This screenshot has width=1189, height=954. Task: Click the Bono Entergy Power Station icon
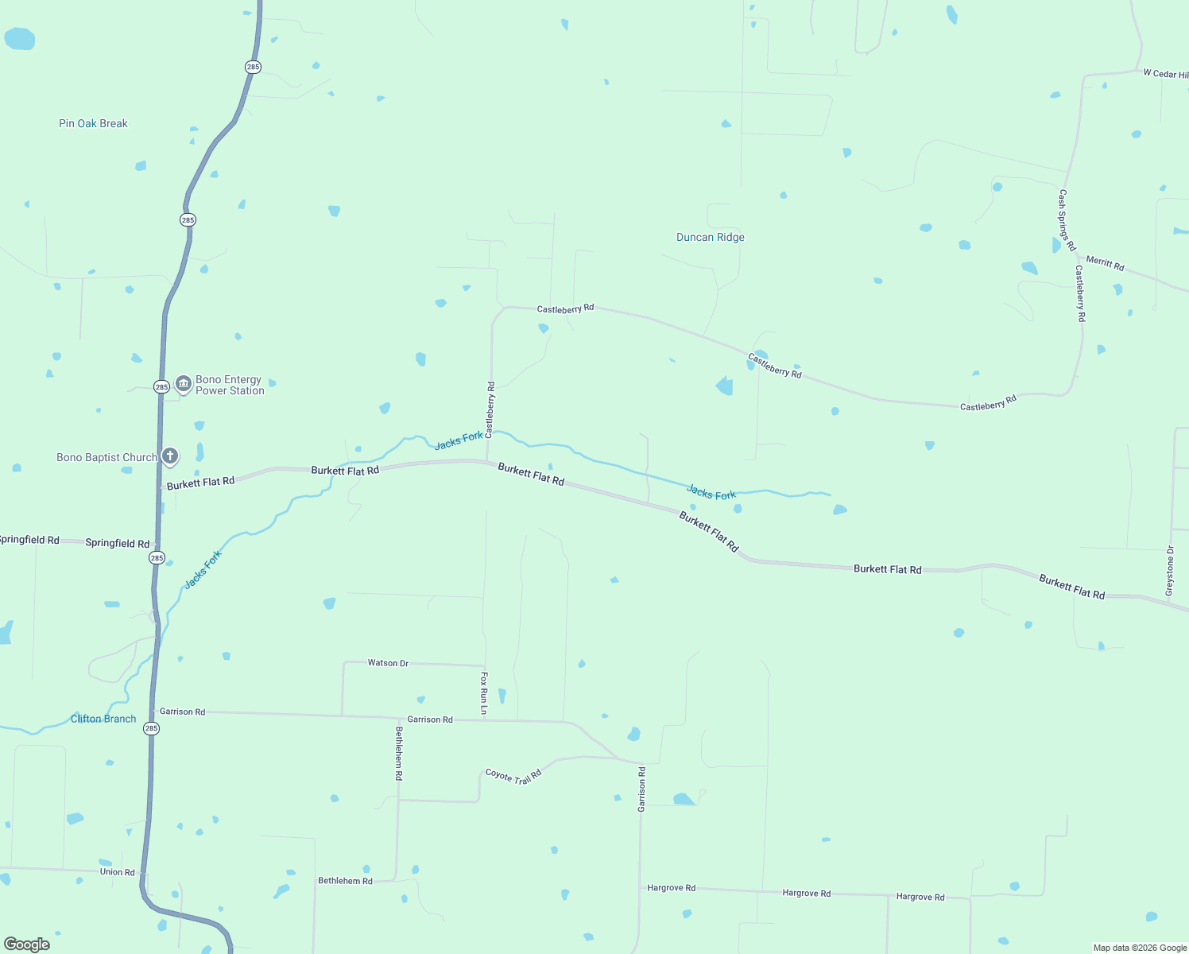pos(184,384)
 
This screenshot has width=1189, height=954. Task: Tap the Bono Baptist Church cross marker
pos(169,456)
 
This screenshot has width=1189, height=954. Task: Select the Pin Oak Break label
pos(93,123)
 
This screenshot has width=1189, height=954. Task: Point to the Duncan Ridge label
pos(710,237)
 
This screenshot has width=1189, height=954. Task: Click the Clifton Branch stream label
pos(103,719)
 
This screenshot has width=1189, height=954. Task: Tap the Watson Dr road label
pos(388,662)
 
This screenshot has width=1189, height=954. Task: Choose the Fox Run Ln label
pos(484,692)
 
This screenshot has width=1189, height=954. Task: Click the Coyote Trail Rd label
pos(513,776)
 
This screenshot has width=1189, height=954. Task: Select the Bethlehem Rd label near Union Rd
pos(345,881)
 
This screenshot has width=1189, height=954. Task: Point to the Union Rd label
pos(117,872)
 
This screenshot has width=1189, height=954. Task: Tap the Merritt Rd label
pos(1105,263)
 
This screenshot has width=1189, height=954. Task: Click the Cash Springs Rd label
pos(1066,220)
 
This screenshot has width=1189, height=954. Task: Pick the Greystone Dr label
pos(1169,571)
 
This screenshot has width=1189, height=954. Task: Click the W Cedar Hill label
pos(1165,74)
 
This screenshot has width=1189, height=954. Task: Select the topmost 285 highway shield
pos(253,67)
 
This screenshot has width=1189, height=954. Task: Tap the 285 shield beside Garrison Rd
pos(151,728)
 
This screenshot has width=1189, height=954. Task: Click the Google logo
pos(27,944)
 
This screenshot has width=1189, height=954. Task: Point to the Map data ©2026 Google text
pos(1140,948)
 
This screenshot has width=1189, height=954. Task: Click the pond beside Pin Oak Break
pos(20,38)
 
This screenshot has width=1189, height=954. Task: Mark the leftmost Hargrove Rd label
pos(671,888)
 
